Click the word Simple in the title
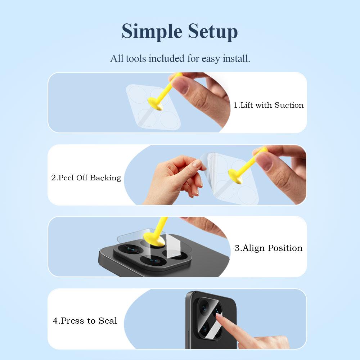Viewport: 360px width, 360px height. tap(152, 32)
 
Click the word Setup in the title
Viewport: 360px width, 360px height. tap(213, 31)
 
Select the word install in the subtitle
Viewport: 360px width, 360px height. tap(237, 59)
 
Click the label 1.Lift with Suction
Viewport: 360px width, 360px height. tap(269, 105)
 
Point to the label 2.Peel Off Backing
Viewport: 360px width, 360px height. tap(86, 178)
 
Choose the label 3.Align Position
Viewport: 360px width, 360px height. tap(269, 248)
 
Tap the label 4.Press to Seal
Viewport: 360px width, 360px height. tap(85, 320)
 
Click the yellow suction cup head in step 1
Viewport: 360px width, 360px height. tap(155, 103)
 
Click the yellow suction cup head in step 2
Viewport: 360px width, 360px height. tap(235, 176)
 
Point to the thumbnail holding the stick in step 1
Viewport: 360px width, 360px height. tap(181, 85)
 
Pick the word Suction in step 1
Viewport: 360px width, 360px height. tap(289, 105)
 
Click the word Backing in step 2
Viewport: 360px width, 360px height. tap(105, 178)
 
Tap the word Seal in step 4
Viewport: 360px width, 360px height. tap(108, 320)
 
